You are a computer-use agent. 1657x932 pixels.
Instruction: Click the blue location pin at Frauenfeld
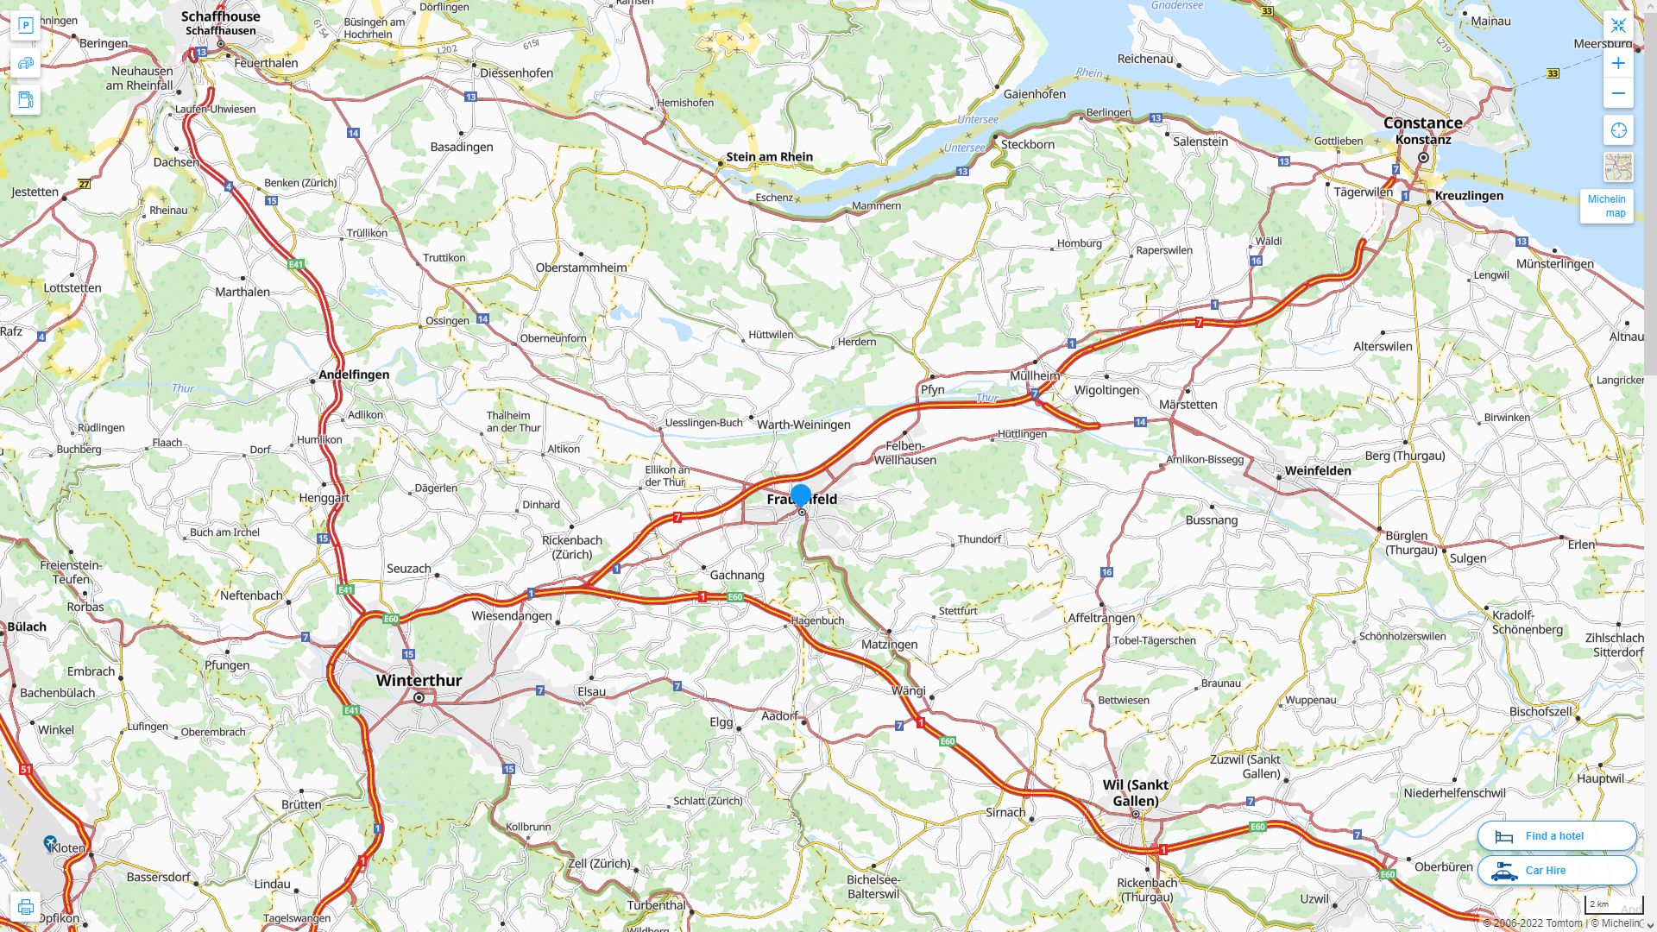pos(801,495)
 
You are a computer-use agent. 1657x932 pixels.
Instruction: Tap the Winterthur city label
pos(419,680)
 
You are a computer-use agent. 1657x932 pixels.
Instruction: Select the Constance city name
pos(1422,123)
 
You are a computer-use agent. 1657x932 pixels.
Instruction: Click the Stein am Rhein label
pos(769,156)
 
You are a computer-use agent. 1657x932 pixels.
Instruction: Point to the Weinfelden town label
pos(1317,470)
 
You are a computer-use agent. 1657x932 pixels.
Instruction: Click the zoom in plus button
pos(1618,63)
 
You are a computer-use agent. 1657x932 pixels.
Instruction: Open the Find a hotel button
pos(1556,835)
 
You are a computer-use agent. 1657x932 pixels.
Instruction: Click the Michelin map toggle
pos(1606,205)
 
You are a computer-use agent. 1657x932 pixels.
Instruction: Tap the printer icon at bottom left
pos(25,907)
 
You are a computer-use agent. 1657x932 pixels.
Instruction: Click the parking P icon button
pos(25,25)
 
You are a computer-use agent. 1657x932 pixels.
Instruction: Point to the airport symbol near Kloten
pos(50,842)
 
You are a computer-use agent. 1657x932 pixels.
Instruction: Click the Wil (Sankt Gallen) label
pos(1135,792)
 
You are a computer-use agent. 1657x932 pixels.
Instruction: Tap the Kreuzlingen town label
pos(1468,195)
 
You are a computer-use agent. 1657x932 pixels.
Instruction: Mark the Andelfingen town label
pos(354,375)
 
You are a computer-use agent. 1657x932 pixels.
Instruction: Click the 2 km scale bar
pos(1613,905)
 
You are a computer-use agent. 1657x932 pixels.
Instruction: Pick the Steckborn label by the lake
pos(1027,144)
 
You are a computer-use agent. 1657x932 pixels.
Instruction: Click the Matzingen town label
pos(889,645)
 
